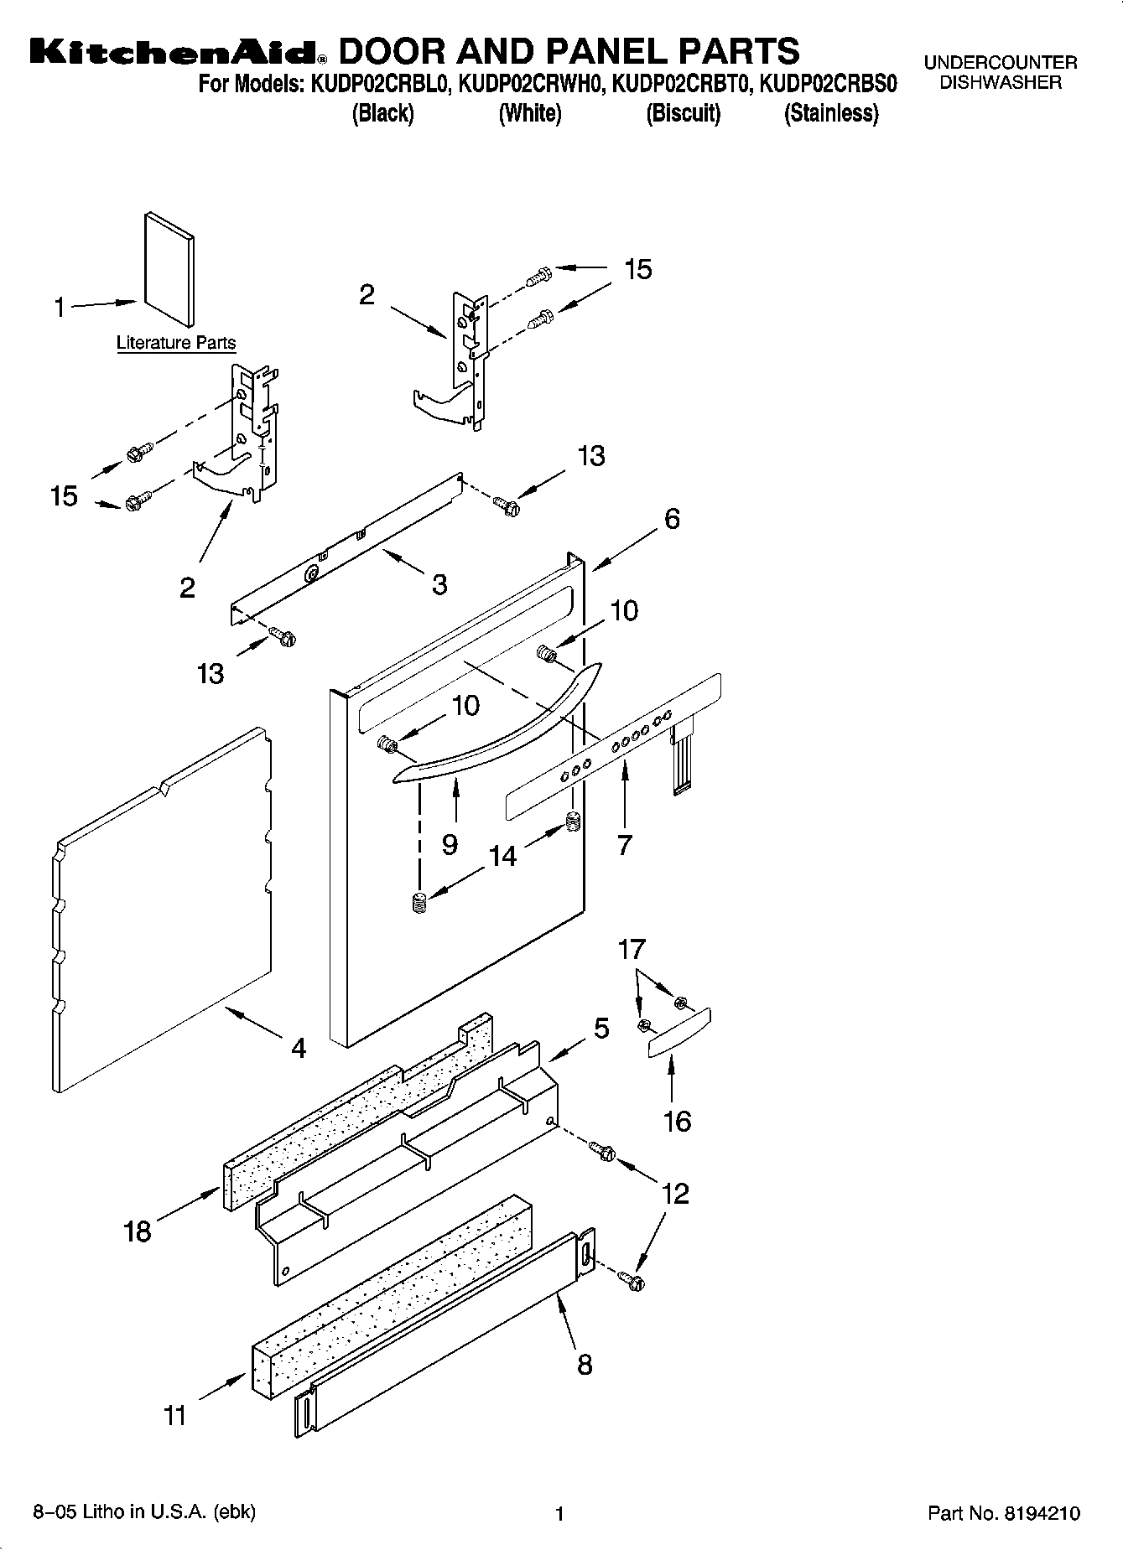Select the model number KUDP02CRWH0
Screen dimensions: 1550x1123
click(529, 85)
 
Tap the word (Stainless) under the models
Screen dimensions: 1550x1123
click(830, 114)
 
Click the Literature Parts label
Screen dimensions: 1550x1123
click(175, 343)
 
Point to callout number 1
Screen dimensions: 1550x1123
click(60, 308)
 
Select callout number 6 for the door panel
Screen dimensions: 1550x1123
click(672, 519)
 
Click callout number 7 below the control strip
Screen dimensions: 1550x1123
click(624, 845)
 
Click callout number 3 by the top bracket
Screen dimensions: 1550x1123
click(439, 584)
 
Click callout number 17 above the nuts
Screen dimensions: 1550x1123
click(632, 949)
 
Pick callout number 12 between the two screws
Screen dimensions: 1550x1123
click(675, 1193)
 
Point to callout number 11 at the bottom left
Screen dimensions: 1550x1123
click(174, 1416)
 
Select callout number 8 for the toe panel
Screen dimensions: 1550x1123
click(585, 1364)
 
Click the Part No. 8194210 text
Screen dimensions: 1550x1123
click(1003, 1513)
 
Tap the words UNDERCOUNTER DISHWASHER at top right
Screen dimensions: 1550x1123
click(1000, 73)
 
